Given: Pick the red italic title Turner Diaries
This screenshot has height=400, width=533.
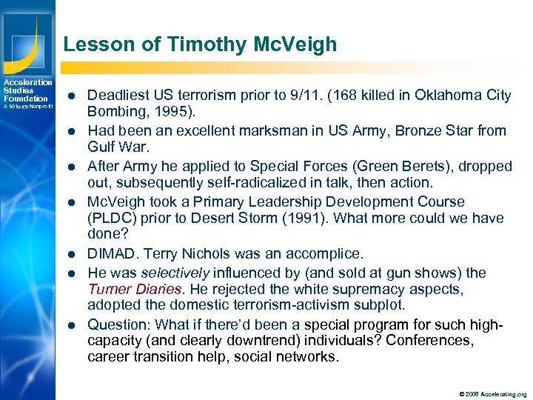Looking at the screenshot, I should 134,289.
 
